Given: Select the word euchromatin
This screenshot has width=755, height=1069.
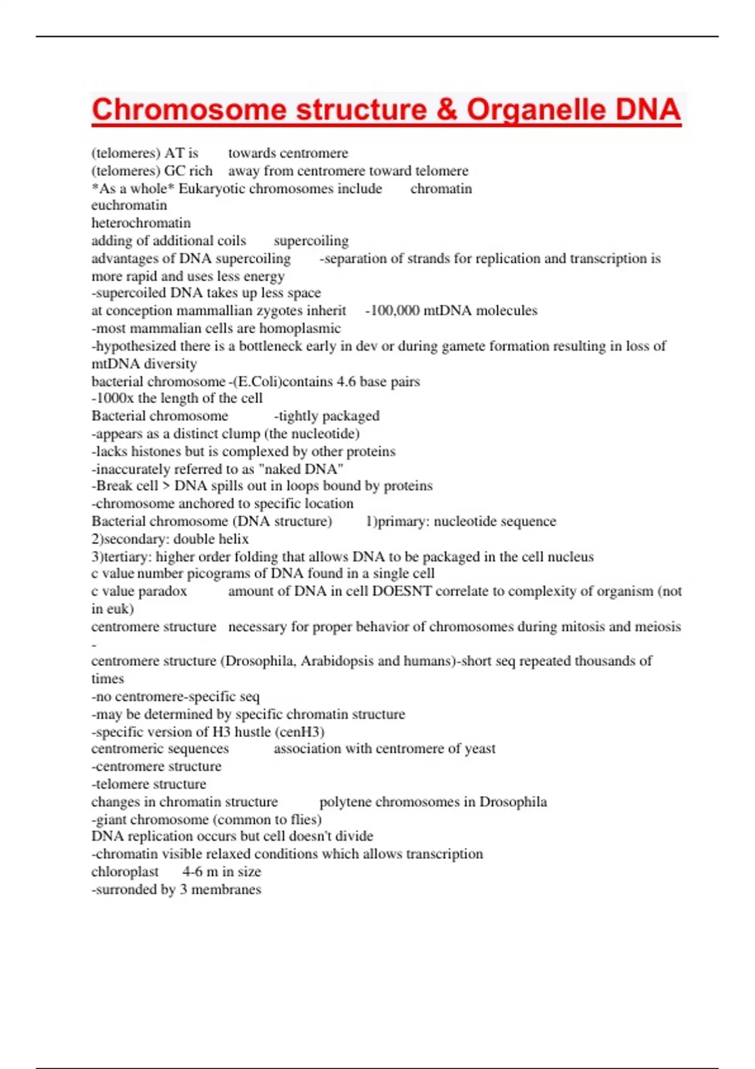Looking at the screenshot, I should (129, 206).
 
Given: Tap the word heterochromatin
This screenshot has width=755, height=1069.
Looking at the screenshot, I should (141, 223).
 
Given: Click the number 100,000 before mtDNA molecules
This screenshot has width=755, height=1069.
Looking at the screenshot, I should (394, 311).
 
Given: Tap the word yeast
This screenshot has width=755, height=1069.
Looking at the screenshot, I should (480, 749).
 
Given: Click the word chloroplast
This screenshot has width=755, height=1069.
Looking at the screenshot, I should (125, 872).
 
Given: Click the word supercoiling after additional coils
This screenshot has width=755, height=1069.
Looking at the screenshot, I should (311, 241).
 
